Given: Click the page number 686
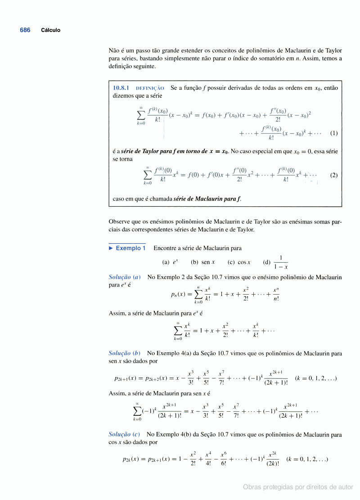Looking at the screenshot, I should click(25, 30).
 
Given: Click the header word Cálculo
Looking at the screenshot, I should click(50, 30).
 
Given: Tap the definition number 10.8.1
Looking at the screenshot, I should click(121, 88).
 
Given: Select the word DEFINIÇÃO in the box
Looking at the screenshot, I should click(150, 88).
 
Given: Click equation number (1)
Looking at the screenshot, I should click(333, 133).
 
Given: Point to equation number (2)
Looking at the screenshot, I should click(333, 175).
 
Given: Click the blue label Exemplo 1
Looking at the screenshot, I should click(130, 248).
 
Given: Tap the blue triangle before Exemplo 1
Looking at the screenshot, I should click(111, 248).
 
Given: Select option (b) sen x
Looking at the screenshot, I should click(202, 262).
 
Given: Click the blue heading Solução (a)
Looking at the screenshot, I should click(125, 277).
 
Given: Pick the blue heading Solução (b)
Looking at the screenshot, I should click(125, 354).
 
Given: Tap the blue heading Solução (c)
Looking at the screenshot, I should click(125, 435).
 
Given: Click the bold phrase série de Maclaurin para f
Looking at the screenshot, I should click(207, 198).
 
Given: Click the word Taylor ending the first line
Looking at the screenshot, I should click(333, 50).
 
